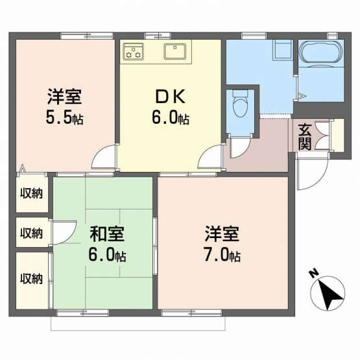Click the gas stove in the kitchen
[x=133, y=52]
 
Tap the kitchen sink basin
[x=174, y=51]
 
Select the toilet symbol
[x=240, y=103]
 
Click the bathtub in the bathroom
[x=321, y=53]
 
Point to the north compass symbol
[x=327, y=292]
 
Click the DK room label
[x=171, y=97]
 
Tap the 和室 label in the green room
[x=107, y=235]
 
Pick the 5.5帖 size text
[x=64, y=118]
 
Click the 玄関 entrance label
[x=305, y=137]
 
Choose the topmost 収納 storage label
[x=31, y=194]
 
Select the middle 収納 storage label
[x=31, y=234]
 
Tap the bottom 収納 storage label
[x=31, y=279]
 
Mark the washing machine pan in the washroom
[x=283, y=50]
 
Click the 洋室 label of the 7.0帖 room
[x=222, y=234]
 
